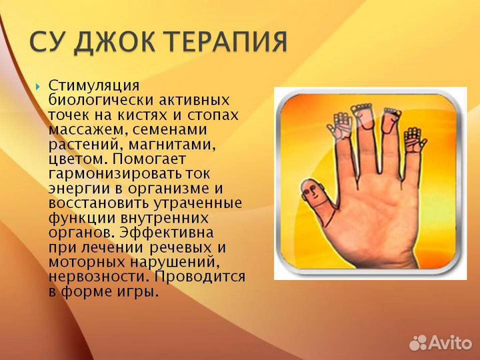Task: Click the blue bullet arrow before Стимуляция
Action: pos(37,87)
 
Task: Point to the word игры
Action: pos(141,291)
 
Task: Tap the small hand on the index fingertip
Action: pos(341,125)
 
